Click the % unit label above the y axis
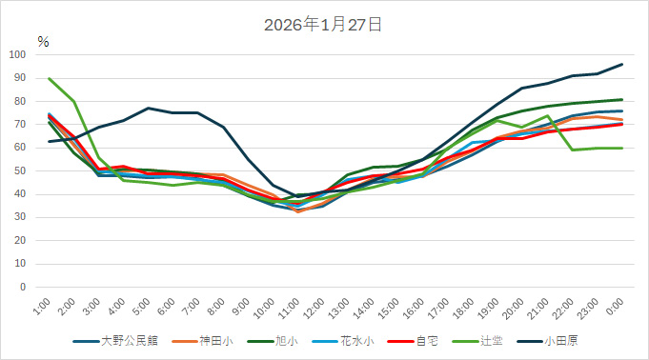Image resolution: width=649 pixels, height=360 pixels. click(x=43, y=42)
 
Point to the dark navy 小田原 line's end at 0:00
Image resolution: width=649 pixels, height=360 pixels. click(x=621, y=64)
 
